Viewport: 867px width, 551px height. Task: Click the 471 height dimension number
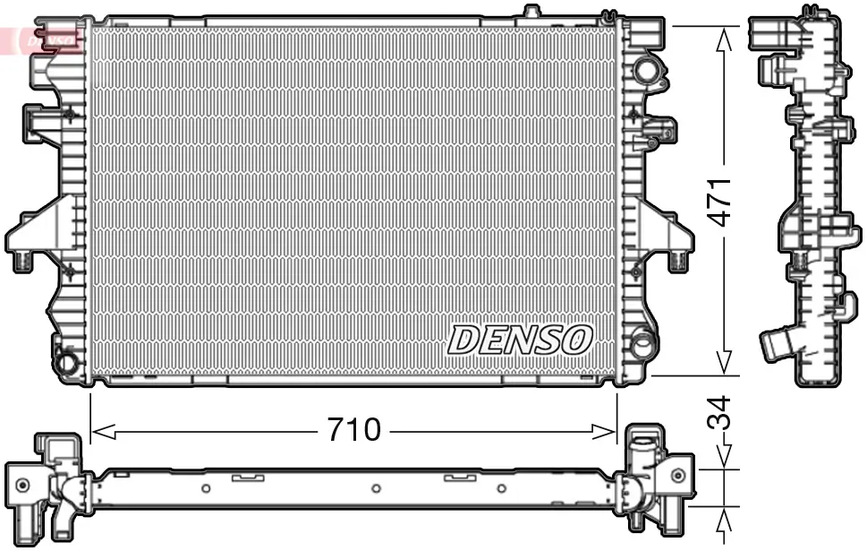[723, 201]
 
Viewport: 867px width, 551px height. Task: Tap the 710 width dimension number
[353, 431]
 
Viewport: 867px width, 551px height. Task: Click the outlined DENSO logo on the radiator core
[520, 340]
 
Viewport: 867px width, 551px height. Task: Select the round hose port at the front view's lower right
[642, 343]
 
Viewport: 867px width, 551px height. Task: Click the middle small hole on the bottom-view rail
[376, 488]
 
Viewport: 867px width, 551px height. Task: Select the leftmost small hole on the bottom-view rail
[206, 488]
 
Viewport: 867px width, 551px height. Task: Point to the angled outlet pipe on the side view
[778, 344]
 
